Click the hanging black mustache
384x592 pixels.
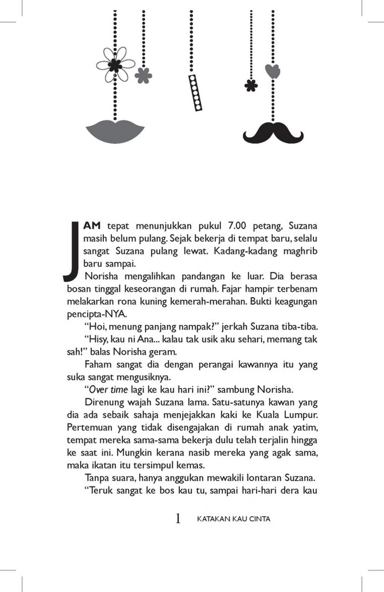pos(273,132)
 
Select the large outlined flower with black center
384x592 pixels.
pos(115,64)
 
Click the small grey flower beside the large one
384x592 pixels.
pos(143,75)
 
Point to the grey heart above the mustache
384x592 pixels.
pos(273,72)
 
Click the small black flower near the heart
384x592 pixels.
pos(251,85)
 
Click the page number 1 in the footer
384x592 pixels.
pos(178,518)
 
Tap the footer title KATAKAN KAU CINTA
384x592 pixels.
pos(234,519)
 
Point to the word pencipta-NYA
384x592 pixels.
pos(97,314)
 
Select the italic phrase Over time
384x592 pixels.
pos(108,389)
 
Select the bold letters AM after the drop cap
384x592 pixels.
pos(92,226)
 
